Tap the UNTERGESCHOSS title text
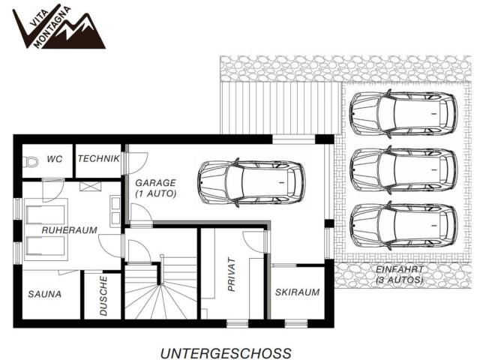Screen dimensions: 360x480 [225, 351]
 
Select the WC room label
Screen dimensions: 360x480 [54, 159]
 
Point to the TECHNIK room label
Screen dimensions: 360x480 [98, 159]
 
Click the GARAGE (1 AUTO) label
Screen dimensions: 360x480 [155, 187]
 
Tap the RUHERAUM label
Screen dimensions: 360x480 [69, 230]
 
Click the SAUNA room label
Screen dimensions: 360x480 [46, 294]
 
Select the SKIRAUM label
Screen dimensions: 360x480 [298, 292]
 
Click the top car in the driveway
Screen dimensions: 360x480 [403, 113]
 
